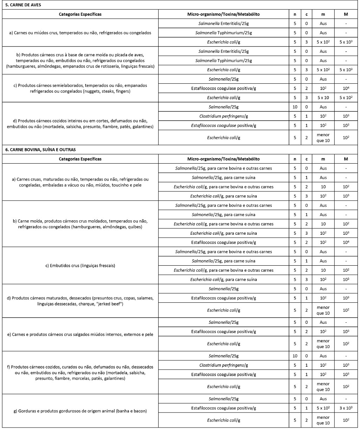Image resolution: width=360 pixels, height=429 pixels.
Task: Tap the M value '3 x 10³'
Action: [346, 408]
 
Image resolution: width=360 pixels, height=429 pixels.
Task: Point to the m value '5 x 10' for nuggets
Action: [323, 97]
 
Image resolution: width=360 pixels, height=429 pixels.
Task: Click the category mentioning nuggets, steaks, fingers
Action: [80, 88]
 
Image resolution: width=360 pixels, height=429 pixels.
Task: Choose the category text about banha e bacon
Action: [80, 411]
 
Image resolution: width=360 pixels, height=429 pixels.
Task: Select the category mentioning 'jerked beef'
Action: [80, 301]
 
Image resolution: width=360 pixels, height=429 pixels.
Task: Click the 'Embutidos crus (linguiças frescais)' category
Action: [80, 265]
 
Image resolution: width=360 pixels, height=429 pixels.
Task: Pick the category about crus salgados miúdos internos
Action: [80, 334]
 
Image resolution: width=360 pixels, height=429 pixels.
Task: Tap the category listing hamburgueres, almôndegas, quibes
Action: [80, 224]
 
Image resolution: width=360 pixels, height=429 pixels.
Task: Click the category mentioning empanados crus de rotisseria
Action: [80, 61]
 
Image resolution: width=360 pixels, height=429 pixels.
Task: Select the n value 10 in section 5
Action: [295, 107]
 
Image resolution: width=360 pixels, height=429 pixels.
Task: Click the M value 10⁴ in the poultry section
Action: [346, 88]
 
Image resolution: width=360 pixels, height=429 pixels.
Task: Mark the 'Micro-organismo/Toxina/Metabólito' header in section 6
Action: [224, 159]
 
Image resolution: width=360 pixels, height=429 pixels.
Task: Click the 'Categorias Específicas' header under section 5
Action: [80, 14]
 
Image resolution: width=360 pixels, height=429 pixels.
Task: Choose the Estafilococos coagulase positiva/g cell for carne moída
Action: [224, 242]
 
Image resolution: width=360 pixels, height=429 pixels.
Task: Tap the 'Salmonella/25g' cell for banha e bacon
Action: [224, 399]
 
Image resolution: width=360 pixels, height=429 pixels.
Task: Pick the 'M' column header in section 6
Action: [346, 159]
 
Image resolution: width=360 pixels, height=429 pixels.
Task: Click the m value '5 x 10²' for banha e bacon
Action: [323, 408]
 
